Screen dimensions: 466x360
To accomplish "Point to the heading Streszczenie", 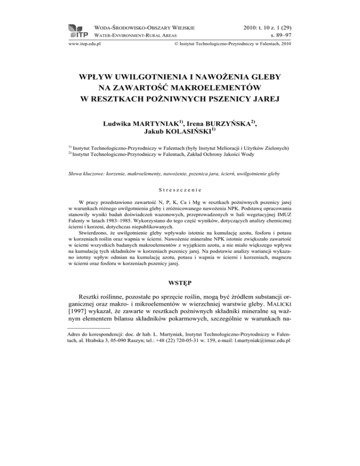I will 180,190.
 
